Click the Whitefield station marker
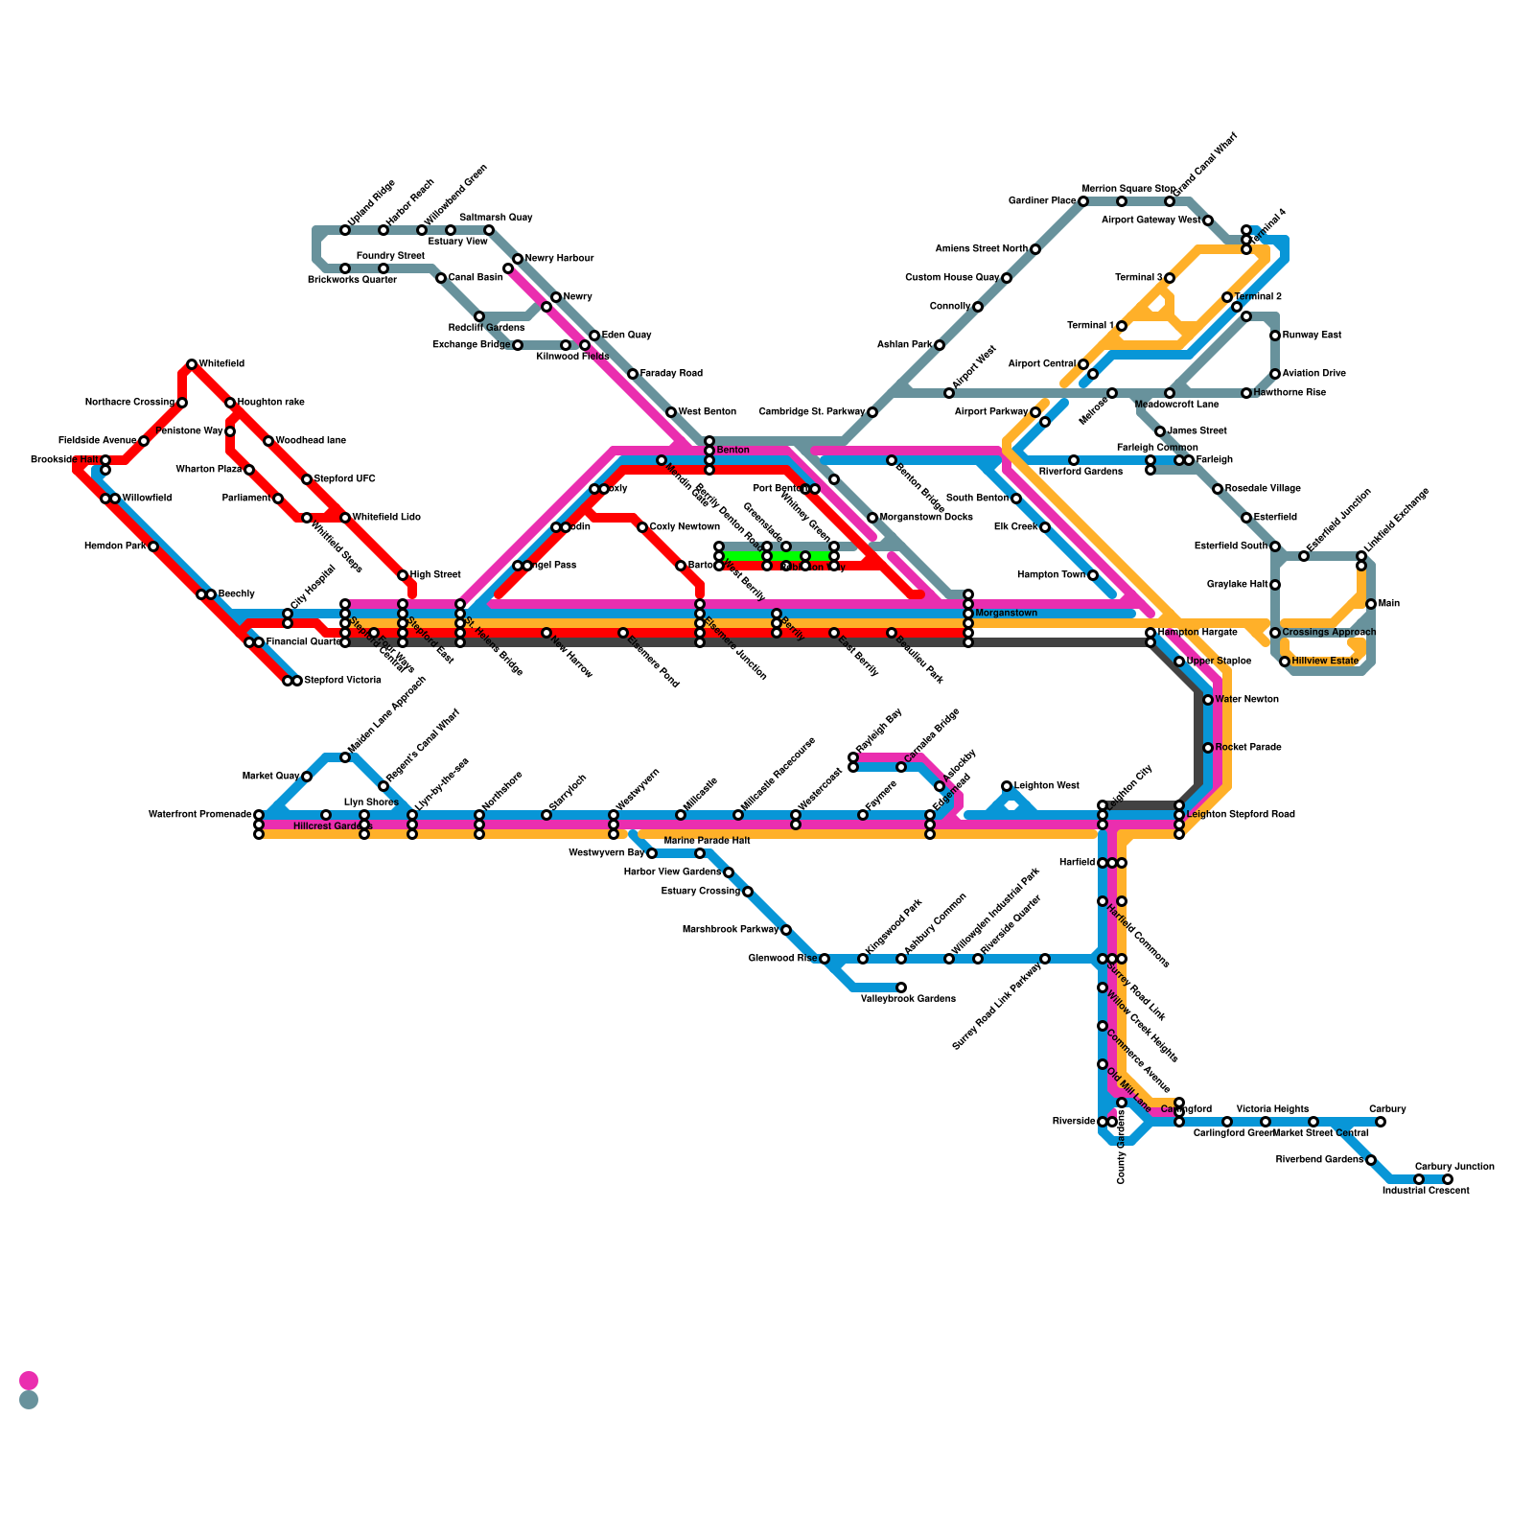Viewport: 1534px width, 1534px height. [192, 364]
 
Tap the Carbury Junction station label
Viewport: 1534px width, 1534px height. [1454, 1167]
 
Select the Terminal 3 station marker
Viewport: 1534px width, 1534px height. [1170, 278]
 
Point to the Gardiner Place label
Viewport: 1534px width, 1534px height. [1042, 201]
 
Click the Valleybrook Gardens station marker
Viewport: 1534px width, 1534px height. [901, 988]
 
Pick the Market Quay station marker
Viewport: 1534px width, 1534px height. [307, 777]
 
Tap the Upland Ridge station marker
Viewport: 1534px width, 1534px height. [345, 230]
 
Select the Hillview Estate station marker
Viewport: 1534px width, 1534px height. [1285, 662]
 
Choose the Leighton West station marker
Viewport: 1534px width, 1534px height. [1007, 786]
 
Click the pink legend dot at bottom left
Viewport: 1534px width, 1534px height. [29, 1381]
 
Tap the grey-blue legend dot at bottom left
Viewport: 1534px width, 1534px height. [29, 1400]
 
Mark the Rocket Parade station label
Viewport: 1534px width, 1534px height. [1248, 748]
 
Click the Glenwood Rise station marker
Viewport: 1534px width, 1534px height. [825, 959]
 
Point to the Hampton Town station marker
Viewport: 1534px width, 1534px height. [1093, 575]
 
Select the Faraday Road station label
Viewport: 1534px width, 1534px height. [671, 374]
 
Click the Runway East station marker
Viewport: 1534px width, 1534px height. [1275, 336]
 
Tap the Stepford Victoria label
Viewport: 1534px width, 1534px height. [342, 681]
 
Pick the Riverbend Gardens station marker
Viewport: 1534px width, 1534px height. [1371, 1160]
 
